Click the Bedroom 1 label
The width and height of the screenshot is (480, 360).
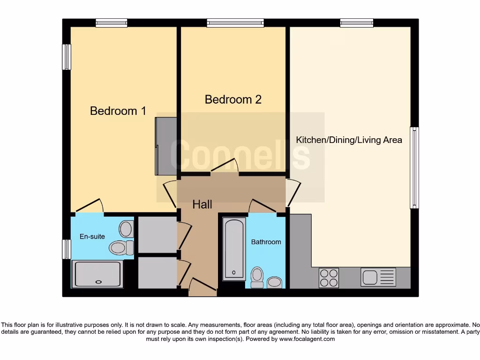[x=118, y=111]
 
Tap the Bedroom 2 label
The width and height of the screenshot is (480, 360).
[x=233, y=99]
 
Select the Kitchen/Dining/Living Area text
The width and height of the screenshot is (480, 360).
[x=349, y=140]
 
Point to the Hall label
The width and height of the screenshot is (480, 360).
[x=202, y=204]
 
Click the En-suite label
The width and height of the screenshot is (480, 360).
[x=92, y=236]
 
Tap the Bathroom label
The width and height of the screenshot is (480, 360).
[x=266, y=242]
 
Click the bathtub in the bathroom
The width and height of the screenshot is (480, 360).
[x=233, y=248]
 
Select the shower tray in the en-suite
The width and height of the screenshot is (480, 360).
[x=97, y=274]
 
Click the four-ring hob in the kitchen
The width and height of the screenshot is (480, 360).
[x=329, y=277]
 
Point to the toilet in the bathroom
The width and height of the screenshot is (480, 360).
[x=257, y=277]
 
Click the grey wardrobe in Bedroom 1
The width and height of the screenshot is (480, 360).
[x=166, y=146]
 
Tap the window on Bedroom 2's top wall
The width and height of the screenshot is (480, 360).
[x=235, y=22]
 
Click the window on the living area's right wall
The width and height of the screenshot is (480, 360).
[x=414, y=167]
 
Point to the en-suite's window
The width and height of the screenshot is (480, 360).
[x=66, y=249]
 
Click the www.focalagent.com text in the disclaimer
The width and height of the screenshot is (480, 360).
[x=307, y=339]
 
